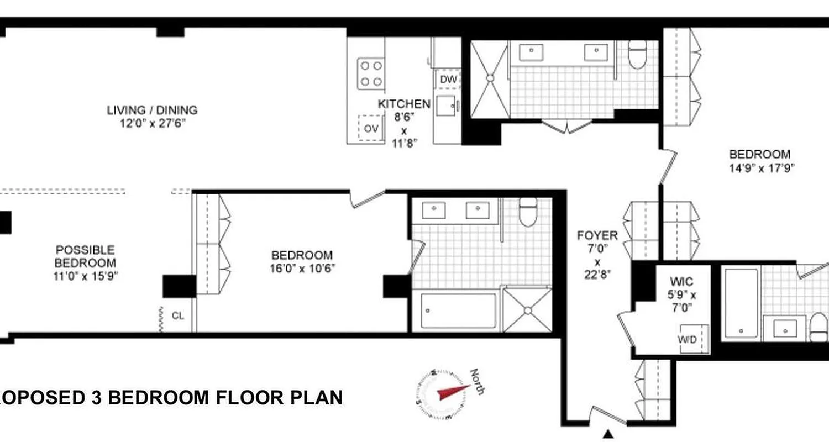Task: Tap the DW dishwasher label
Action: pyautogui.click(x=448, y=80)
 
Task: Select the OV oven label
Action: pyautogui.click(x=371, y=129)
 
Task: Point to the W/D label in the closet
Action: pyautogui.click(x=688, y=339)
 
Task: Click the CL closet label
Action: pyautogui.click(x=178, y=316)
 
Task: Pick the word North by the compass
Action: pyautogui.click(x=478, y=381)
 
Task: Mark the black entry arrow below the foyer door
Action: pyautogui.click(x=608, y=434)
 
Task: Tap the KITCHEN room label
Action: pyautogui.click(x=404, y=104)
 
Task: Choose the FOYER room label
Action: pyautogui.click(x=597, y=236)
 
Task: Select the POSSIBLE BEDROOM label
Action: pyautogui.click(x=85, y=256)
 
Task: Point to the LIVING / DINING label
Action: pyautogui.click(x=152, y=110)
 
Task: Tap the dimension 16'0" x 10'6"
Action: pyautogui.click(x=302, y=269)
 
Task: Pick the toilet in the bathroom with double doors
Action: pyautogui.click(x=637, y=55)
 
